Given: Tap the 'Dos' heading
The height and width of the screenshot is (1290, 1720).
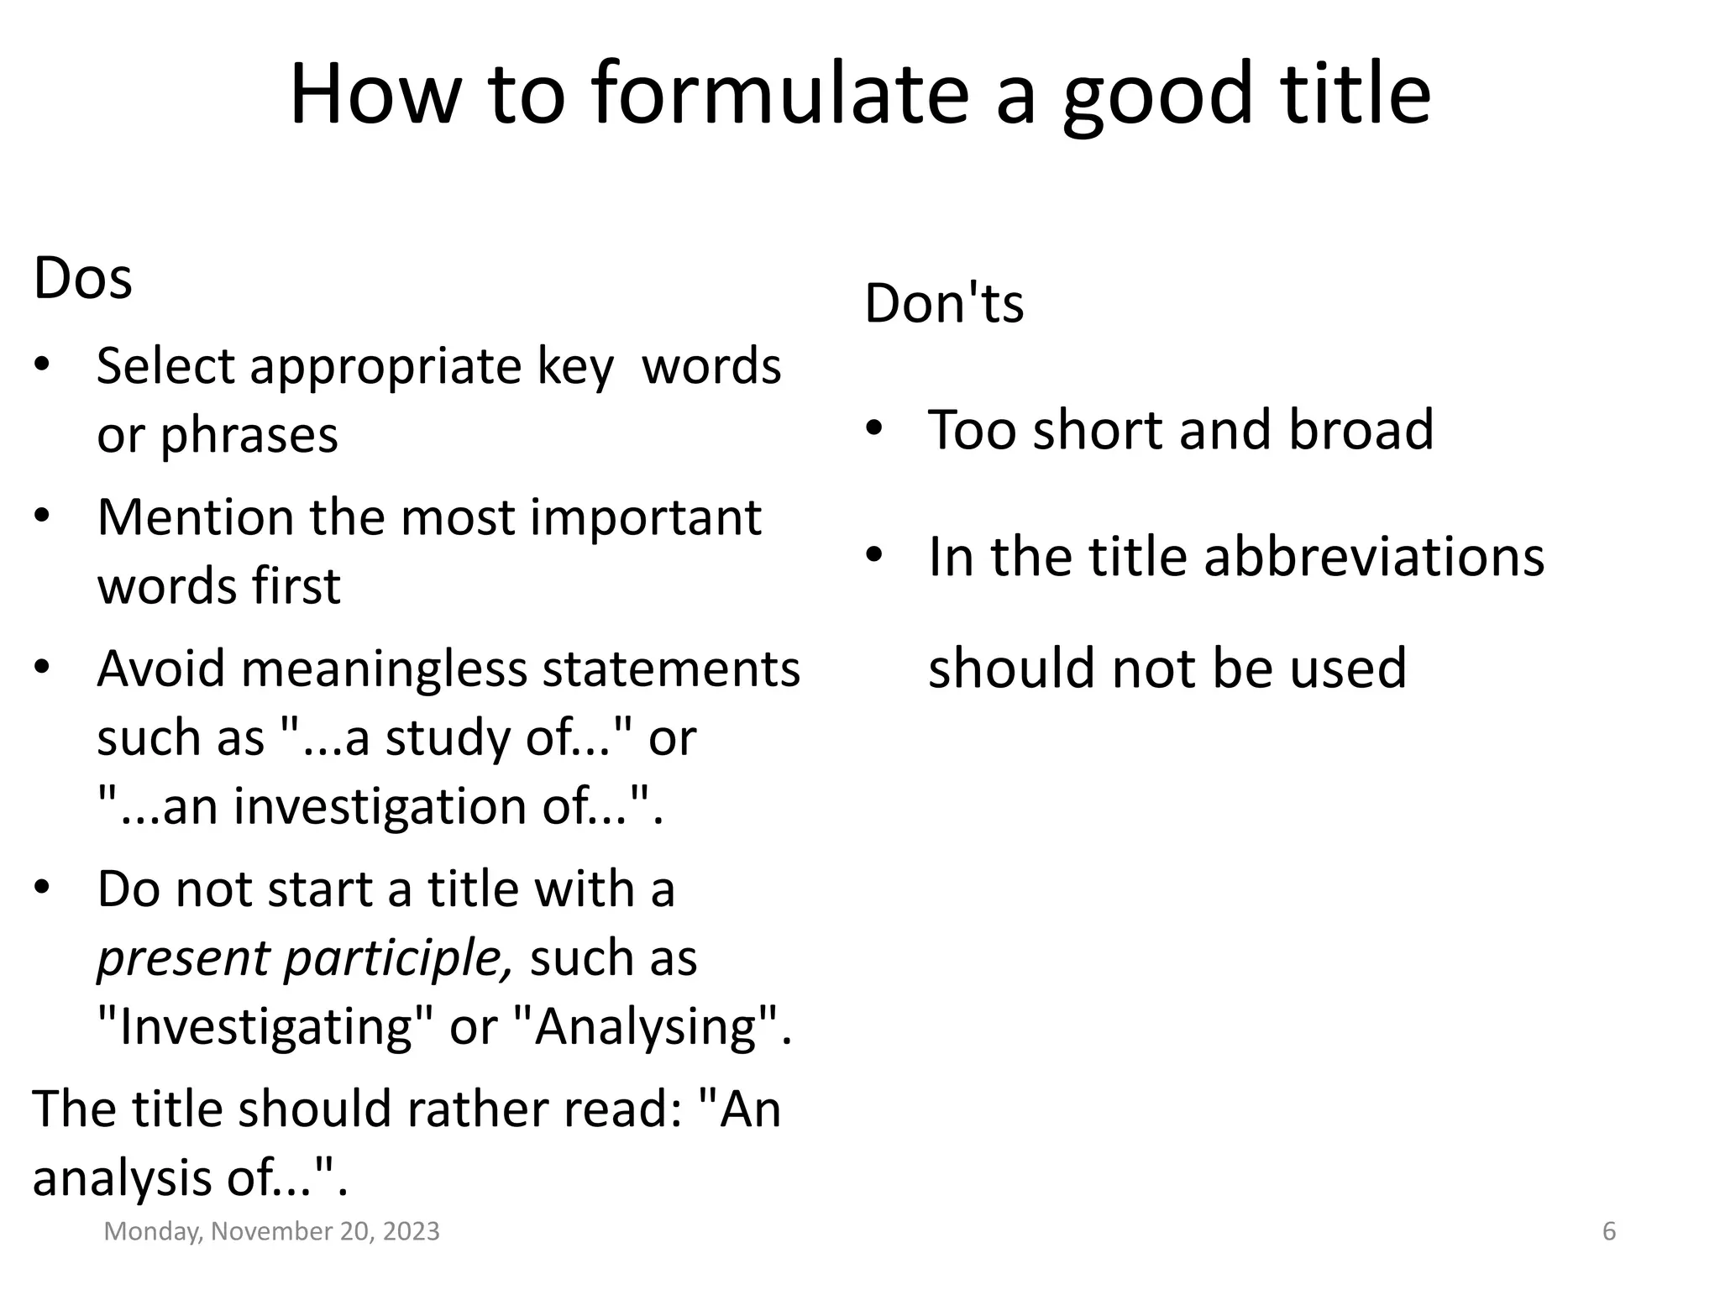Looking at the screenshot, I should pos(82,278).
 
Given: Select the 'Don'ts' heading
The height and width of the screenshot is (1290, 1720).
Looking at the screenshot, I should pos(944,303).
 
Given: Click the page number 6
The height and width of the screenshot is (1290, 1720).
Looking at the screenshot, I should pos(1609,1231).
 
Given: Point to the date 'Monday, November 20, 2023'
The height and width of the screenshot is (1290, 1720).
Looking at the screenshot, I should pos(271,1231).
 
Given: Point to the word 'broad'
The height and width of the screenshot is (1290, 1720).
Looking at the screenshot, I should pos(1361,430).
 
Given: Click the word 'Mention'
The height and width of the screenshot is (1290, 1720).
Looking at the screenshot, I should pos(196,517).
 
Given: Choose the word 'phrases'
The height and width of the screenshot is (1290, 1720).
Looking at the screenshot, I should pos(249,436).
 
